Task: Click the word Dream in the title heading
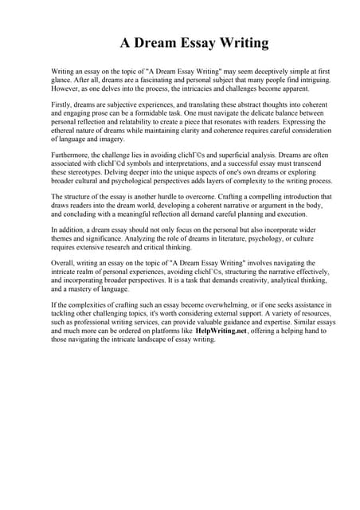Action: click(x=159, y=43)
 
